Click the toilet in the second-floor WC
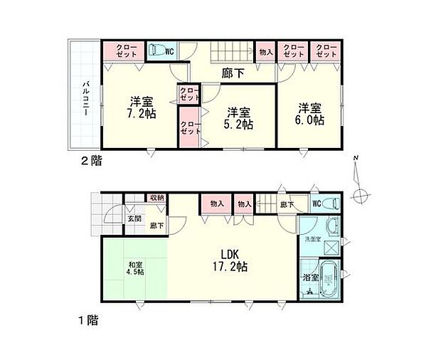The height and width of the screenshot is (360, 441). click(156, 51)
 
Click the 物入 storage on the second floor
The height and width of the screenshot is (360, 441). click(265, 51)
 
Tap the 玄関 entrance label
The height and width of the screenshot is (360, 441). click(134, 219)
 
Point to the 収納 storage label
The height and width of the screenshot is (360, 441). click(156, 198)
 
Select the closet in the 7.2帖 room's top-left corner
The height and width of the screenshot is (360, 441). click(123, 51)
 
